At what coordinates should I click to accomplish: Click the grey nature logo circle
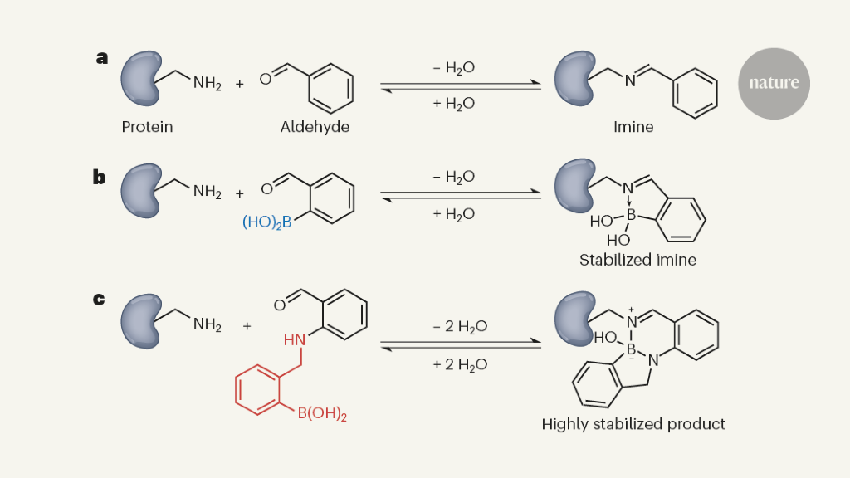(x=774, y=83)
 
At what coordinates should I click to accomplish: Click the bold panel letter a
(x=102, y=58)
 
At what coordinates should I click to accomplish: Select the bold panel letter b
(x=100, y=177)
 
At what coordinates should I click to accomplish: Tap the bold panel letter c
(x=99, y=297)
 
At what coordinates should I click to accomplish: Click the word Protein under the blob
(x=148, y=127)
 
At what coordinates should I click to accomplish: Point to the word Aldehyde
(x=315, y=127)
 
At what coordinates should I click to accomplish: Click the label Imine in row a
(x=633, y=127)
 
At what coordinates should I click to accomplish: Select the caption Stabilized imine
(x=637, y=260)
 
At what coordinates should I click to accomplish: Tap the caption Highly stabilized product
(x=633, y=424)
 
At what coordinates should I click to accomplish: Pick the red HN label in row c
(x=294, y=340)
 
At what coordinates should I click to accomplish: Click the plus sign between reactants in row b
(x=240, y=194)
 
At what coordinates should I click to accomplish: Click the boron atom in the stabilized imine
(x=631, y=215)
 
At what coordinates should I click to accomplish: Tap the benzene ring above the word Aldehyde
(x=331, y=88)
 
